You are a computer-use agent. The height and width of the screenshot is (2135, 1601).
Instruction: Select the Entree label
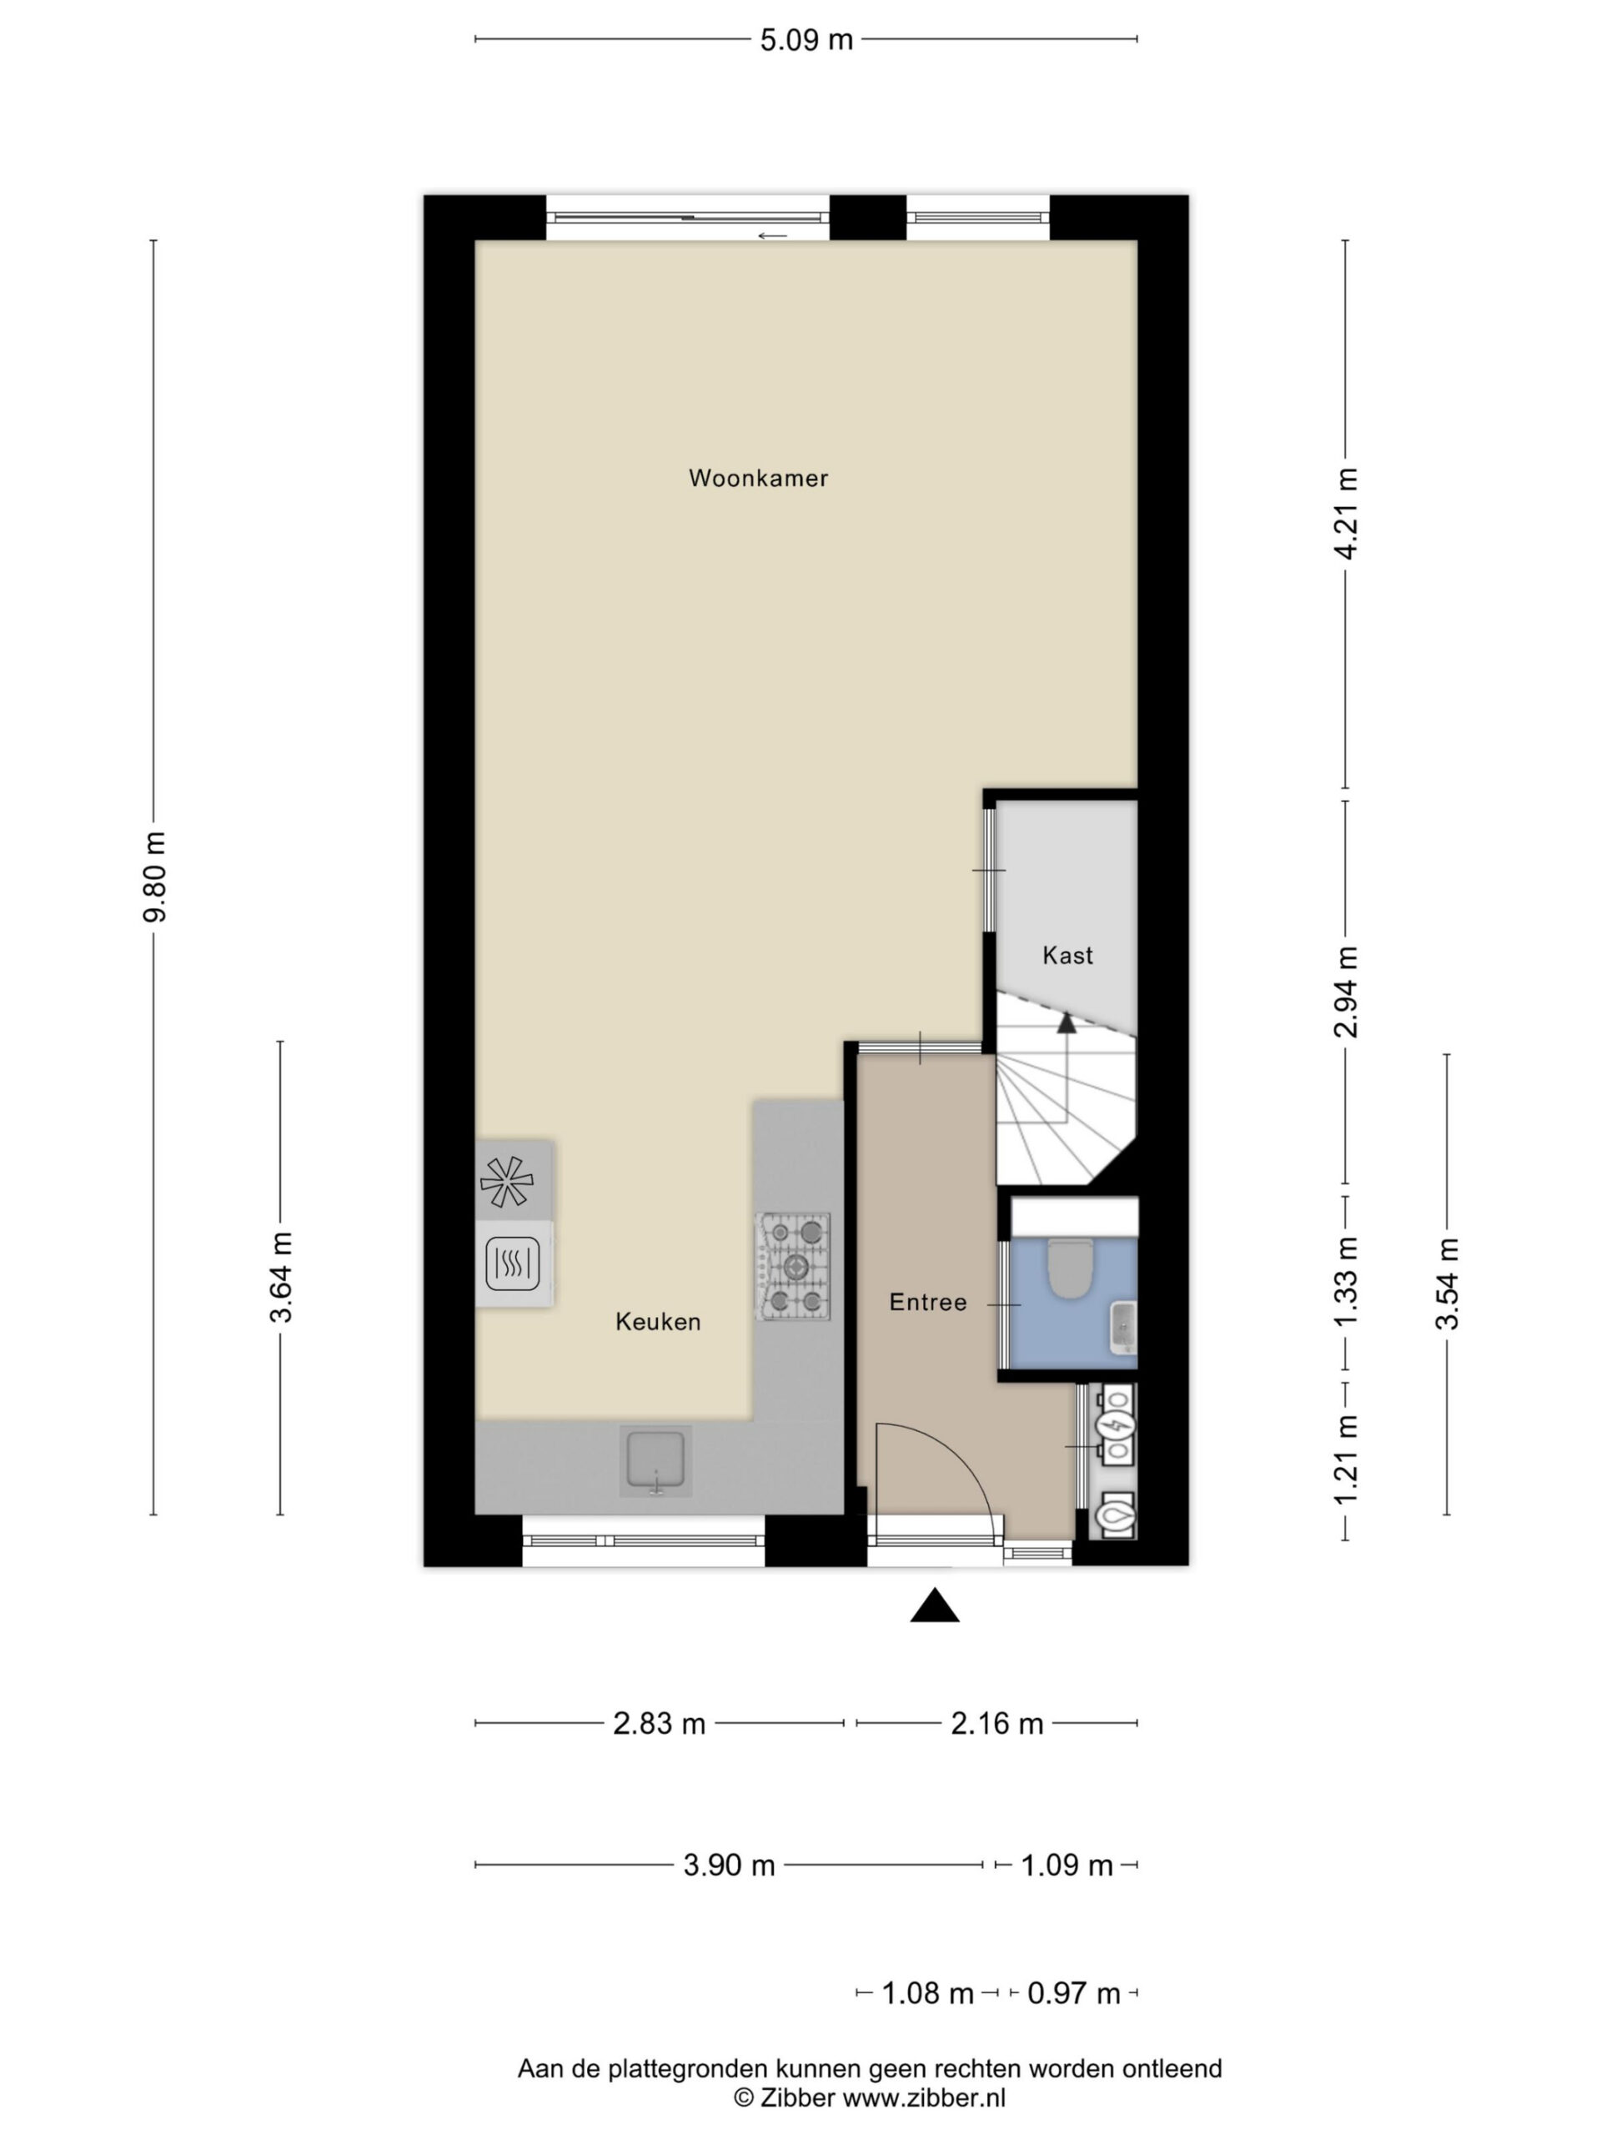927,1302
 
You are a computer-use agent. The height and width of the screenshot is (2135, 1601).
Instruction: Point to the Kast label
1067,956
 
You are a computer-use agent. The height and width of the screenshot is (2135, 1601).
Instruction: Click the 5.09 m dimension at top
807,39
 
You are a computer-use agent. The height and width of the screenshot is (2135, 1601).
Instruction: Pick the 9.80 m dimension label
154,876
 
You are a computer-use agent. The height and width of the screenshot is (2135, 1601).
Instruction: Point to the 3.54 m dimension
1447,1283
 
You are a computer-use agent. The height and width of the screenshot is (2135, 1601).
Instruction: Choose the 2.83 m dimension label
659,1723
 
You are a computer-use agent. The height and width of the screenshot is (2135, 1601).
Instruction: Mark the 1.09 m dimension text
1067,1866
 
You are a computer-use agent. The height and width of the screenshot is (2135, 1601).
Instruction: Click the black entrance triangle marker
934,1605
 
